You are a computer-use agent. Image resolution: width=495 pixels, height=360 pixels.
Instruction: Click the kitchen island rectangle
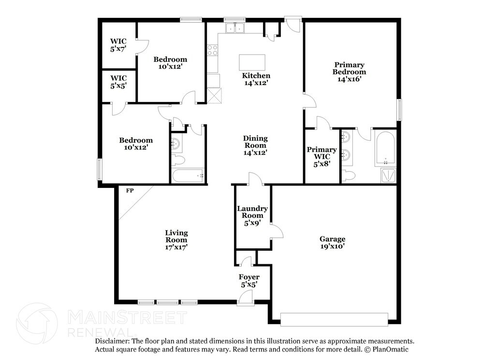pos(252,62)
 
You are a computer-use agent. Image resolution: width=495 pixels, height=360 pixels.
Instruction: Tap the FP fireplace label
pos(130,190)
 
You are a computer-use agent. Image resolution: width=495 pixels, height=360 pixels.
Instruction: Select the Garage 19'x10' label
pos(332,243)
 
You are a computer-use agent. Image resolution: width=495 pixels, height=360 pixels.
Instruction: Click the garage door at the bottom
pos(335,319)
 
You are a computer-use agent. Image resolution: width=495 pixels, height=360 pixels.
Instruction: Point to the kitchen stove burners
pos(213,50)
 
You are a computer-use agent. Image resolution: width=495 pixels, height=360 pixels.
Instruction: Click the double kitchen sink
pos(235,28)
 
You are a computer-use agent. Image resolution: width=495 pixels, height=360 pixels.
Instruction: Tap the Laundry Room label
pos(252,212)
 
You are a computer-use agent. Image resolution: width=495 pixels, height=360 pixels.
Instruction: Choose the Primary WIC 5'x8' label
pos(321,157)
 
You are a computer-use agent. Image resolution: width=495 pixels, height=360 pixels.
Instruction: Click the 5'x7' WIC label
pos(118,45)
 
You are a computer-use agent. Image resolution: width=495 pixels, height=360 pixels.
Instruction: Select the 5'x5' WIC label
pos(118,82)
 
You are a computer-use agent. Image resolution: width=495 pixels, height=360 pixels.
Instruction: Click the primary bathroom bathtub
pos(385,149)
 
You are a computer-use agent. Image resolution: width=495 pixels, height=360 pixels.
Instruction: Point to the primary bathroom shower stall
pos(388,176)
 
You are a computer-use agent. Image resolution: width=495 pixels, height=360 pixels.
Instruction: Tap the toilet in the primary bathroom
pos(348,175)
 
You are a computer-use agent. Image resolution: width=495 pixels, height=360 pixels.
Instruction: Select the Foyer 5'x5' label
pos(249,281)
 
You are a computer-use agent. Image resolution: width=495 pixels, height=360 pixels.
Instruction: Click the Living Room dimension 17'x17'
pos(176,247)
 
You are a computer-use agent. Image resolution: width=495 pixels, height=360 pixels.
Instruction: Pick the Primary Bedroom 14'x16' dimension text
pos(349,79)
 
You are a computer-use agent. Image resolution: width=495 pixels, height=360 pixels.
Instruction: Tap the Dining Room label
pos(255,142)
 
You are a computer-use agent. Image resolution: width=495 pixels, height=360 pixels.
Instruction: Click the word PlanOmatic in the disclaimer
pos(391,349)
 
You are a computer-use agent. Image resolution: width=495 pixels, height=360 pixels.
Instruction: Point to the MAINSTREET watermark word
pos(127,317)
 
